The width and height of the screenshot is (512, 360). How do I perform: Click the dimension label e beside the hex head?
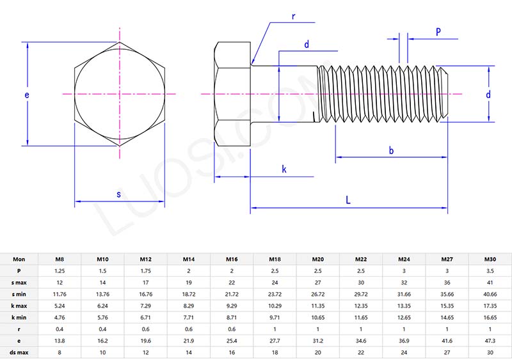26,95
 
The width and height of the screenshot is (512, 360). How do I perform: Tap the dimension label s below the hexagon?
118,194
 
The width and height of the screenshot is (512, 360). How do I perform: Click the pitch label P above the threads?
438,31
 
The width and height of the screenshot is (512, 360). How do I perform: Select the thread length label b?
391,151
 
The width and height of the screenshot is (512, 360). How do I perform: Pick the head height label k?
284,169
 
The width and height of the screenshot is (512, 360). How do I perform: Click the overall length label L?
348,200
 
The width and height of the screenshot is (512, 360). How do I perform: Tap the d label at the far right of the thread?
488,95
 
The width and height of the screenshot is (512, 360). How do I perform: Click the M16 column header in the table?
232,260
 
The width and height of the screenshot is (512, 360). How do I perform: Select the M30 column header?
490,260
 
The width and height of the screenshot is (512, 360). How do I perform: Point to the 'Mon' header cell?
19,260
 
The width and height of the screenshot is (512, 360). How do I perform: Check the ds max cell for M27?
447,351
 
